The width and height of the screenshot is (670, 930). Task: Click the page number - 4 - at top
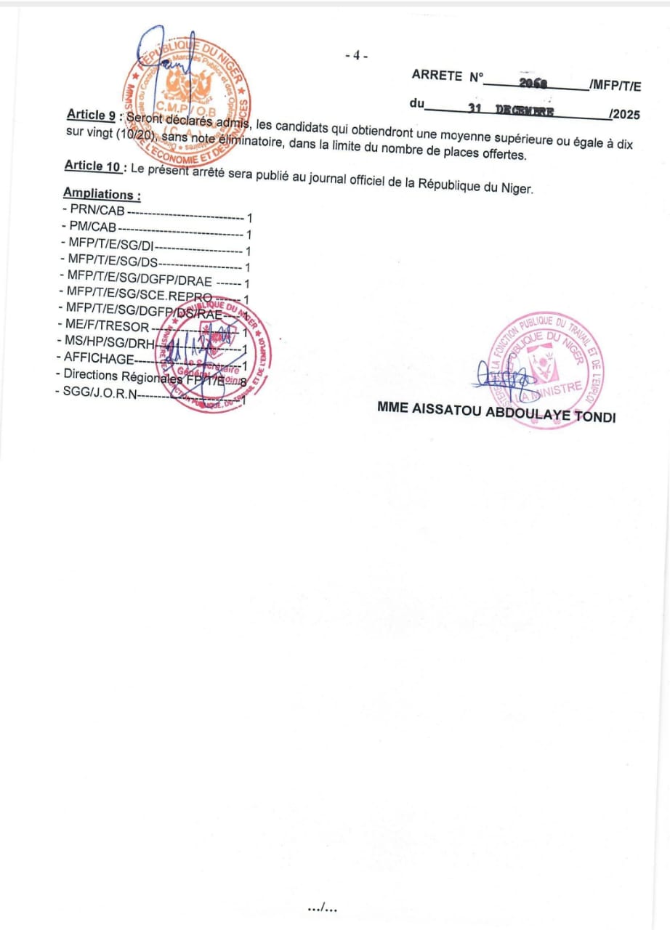[x=356, y=56]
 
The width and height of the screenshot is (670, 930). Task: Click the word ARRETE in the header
[x=437, y=74]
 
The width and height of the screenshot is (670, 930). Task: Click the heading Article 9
[x=92, y=116]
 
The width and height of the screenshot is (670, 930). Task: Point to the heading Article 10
[x=92, y=166]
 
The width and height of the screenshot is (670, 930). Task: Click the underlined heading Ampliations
[x=101, y=195]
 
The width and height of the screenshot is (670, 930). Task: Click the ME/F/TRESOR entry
[x=105, y=327]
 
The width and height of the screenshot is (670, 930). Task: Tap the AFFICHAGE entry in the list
[x=99, y=357]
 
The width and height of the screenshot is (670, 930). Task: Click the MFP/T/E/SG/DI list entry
[x=111, y=243]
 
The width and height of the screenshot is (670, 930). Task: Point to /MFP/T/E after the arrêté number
[x=615, y=86]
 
